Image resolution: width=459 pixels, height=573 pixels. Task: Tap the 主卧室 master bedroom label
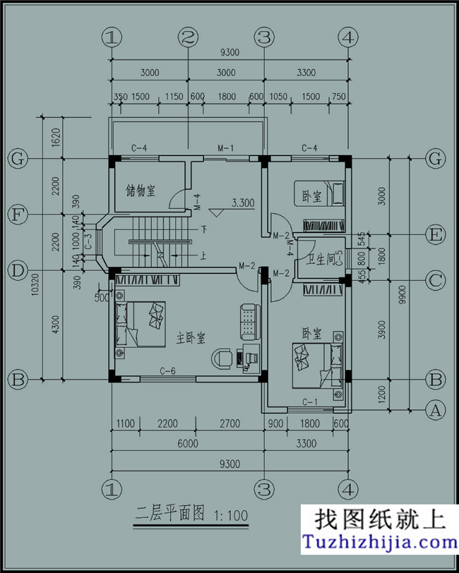(191, 338)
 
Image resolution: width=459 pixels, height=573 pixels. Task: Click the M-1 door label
(225, 149)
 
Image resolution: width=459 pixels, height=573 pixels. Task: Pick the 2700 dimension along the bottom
(230, 424)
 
